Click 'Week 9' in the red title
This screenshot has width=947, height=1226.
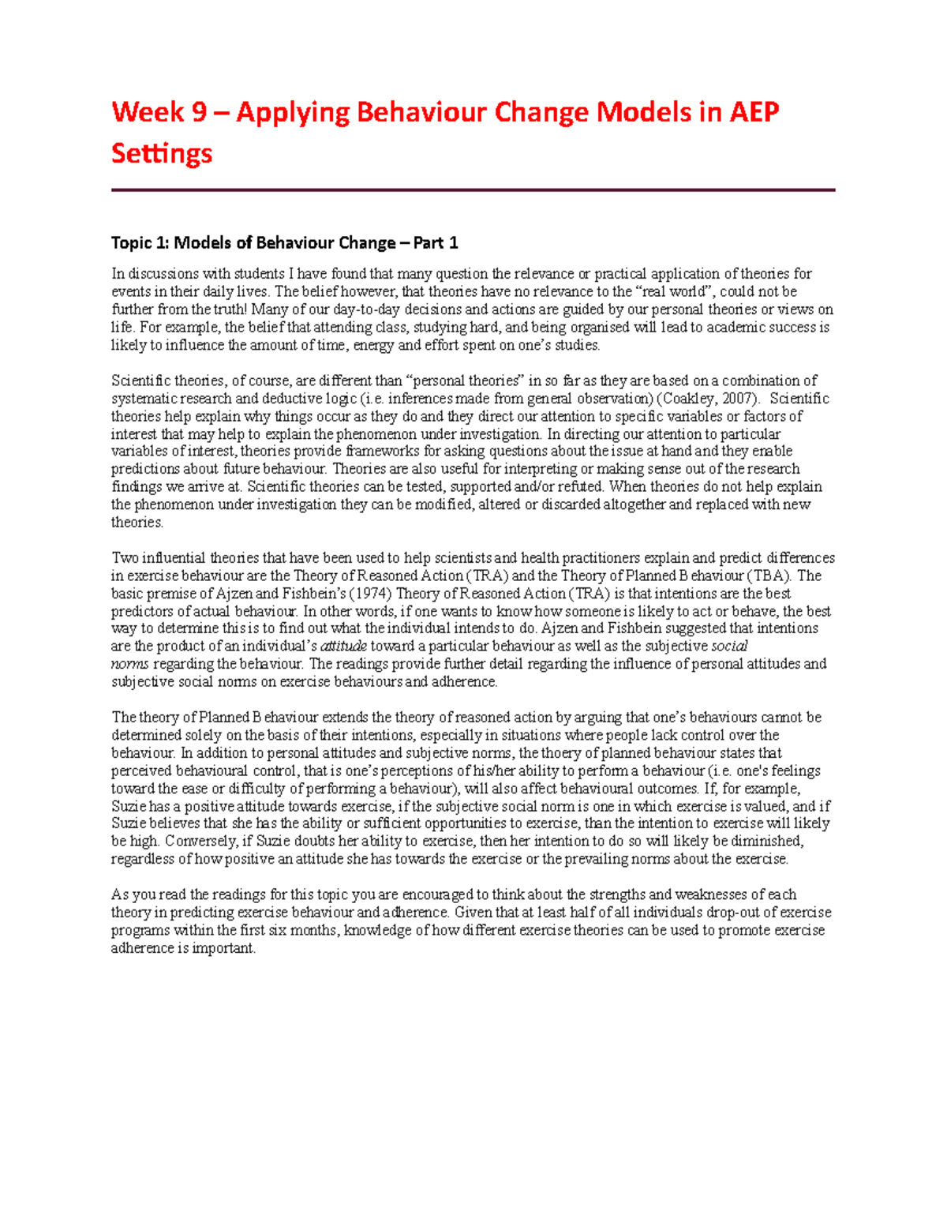point(159,112)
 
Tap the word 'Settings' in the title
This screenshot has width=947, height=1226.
point(162,152)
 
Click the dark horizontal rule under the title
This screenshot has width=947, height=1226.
point(473,190)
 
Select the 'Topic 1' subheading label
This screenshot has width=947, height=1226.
point(140,242)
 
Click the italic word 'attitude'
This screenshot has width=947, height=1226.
point(343,647)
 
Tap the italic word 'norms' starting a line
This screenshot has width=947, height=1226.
point(129,664)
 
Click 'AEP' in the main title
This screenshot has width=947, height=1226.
point(753,112)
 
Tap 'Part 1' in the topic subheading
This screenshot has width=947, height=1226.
point(441,242)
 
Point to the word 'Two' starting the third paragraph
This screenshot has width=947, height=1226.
point(125,558)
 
